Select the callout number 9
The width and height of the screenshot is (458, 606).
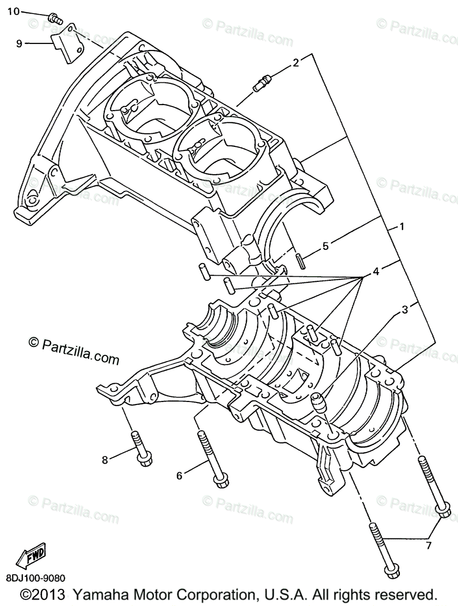coord(19,43)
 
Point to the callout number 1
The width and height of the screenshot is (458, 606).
coord(402,227)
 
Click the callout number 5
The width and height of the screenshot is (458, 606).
coord(326,246)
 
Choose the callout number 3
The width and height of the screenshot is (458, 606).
coord(404,310)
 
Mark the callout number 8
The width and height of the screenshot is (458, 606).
coord(105,460)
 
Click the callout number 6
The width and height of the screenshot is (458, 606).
coord(179,475)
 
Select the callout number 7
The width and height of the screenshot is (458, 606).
coord(429,545)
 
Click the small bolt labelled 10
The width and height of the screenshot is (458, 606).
coord(54,19)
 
